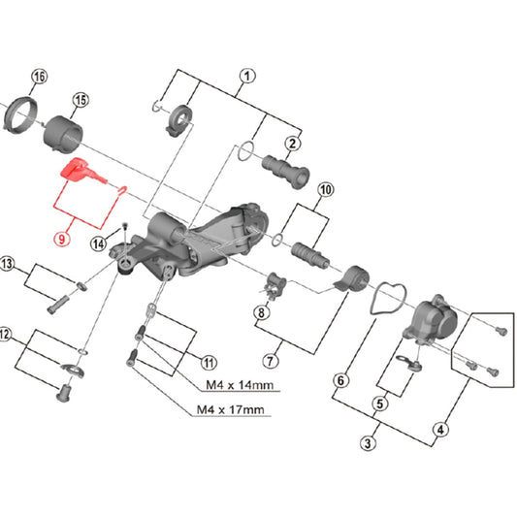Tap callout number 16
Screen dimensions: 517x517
[x=39, y=77]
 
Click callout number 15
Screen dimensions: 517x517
[x=81, y=100]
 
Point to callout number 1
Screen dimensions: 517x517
[x=246, y=76]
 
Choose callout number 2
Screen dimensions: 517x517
[x=292, y=143]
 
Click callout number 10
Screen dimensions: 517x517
[x=325, y=189]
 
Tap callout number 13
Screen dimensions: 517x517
[x=8, y=264]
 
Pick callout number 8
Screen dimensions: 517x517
[x=261, y=312]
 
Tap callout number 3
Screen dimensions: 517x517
[x=368, y=443]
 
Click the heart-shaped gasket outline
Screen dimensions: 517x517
[x=387, y=298]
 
